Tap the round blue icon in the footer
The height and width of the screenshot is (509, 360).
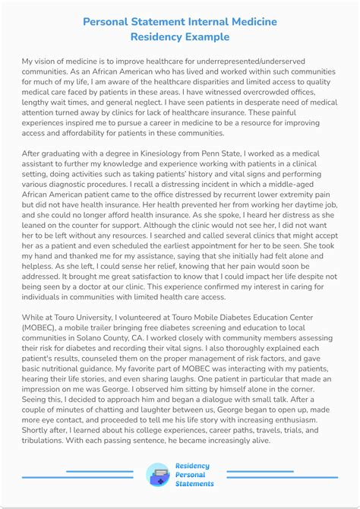tap(159, 475)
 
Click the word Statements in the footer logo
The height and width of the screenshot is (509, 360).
tap(194, 484)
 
